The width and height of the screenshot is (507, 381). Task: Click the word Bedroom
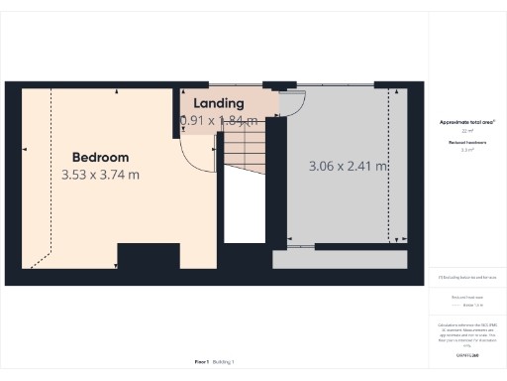coord(100,157)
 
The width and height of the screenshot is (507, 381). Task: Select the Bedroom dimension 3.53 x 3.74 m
coord(100,175)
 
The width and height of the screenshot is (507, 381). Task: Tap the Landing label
coord(219,103)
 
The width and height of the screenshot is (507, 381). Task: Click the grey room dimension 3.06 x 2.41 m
coord(347,166)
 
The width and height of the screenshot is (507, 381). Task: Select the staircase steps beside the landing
coord(243,149)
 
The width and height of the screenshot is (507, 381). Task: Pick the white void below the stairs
coord(244,208)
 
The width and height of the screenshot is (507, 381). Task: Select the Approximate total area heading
coord(466,122)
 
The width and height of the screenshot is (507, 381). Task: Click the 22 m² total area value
coord(466,131)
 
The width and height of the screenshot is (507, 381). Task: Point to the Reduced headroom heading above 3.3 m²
coord(466,143)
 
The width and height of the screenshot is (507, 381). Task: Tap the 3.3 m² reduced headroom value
coord(466,150)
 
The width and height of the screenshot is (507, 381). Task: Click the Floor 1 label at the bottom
coord(201,363)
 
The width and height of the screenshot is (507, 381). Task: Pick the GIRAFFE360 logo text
coord(466,354)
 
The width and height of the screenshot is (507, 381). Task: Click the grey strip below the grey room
coord(340,260)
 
